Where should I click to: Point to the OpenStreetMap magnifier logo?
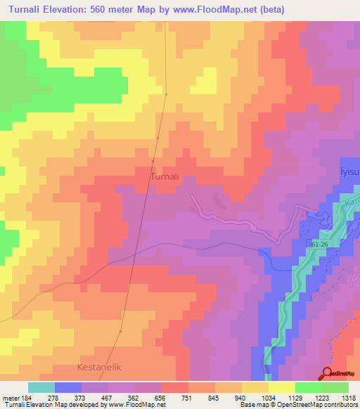tap(328, 373)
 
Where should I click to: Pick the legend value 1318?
tap(348, 398)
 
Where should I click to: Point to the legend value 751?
tap(188, 398)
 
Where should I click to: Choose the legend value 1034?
tap(268, 398)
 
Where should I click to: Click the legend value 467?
tap(108, 398)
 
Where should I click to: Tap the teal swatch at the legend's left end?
tap(41, 387)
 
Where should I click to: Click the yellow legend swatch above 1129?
tap(281, 387)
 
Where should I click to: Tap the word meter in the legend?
tap(10, 398)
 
